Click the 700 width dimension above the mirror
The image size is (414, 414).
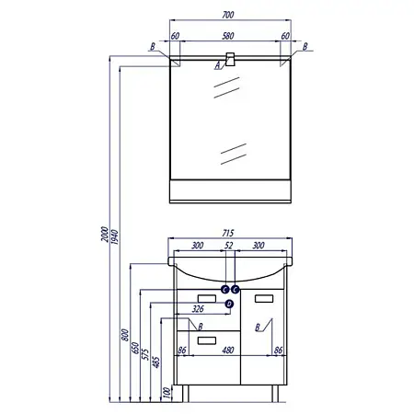(228, 15)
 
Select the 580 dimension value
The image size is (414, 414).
(228, 36)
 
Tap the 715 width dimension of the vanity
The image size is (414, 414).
(228, 233)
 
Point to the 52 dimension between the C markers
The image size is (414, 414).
(229, 246)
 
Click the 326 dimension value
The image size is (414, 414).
(198, 309)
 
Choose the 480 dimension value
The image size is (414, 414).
(228, 350)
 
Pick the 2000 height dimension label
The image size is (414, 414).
(105, 235)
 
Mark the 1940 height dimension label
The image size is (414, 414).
(115, 236)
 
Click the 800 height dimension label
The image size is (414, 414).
(125, 335)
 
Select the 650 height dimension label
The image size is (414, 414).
(135, 348)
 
